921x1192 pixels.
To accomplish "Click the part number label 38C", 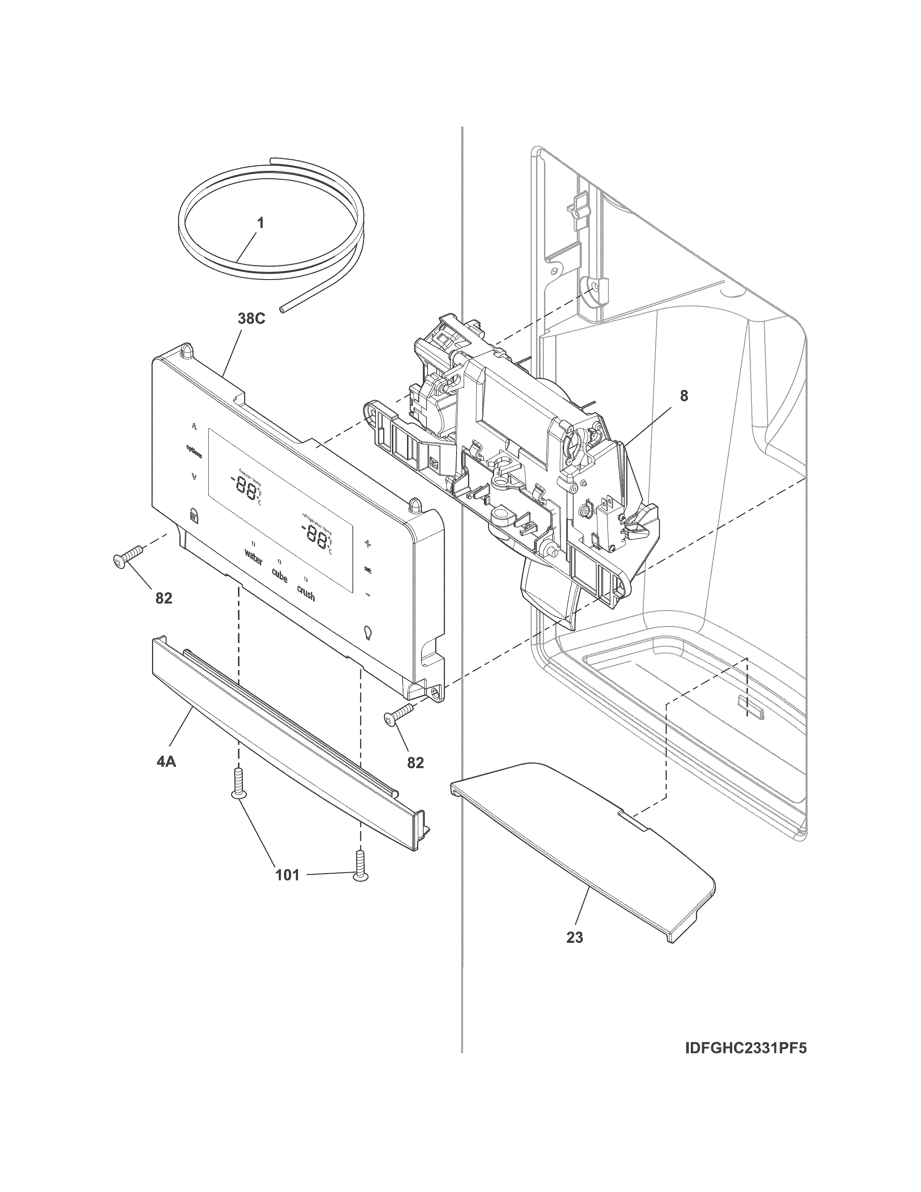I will (x=251, y=319).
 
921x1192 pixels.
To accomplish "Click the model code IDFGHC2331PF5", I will (x=745, y=1049).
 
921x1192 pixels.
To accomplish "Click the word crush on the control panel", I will (x=306, y=593).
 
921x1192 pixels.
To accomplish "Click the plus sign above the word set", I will (x=368, y=544).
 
